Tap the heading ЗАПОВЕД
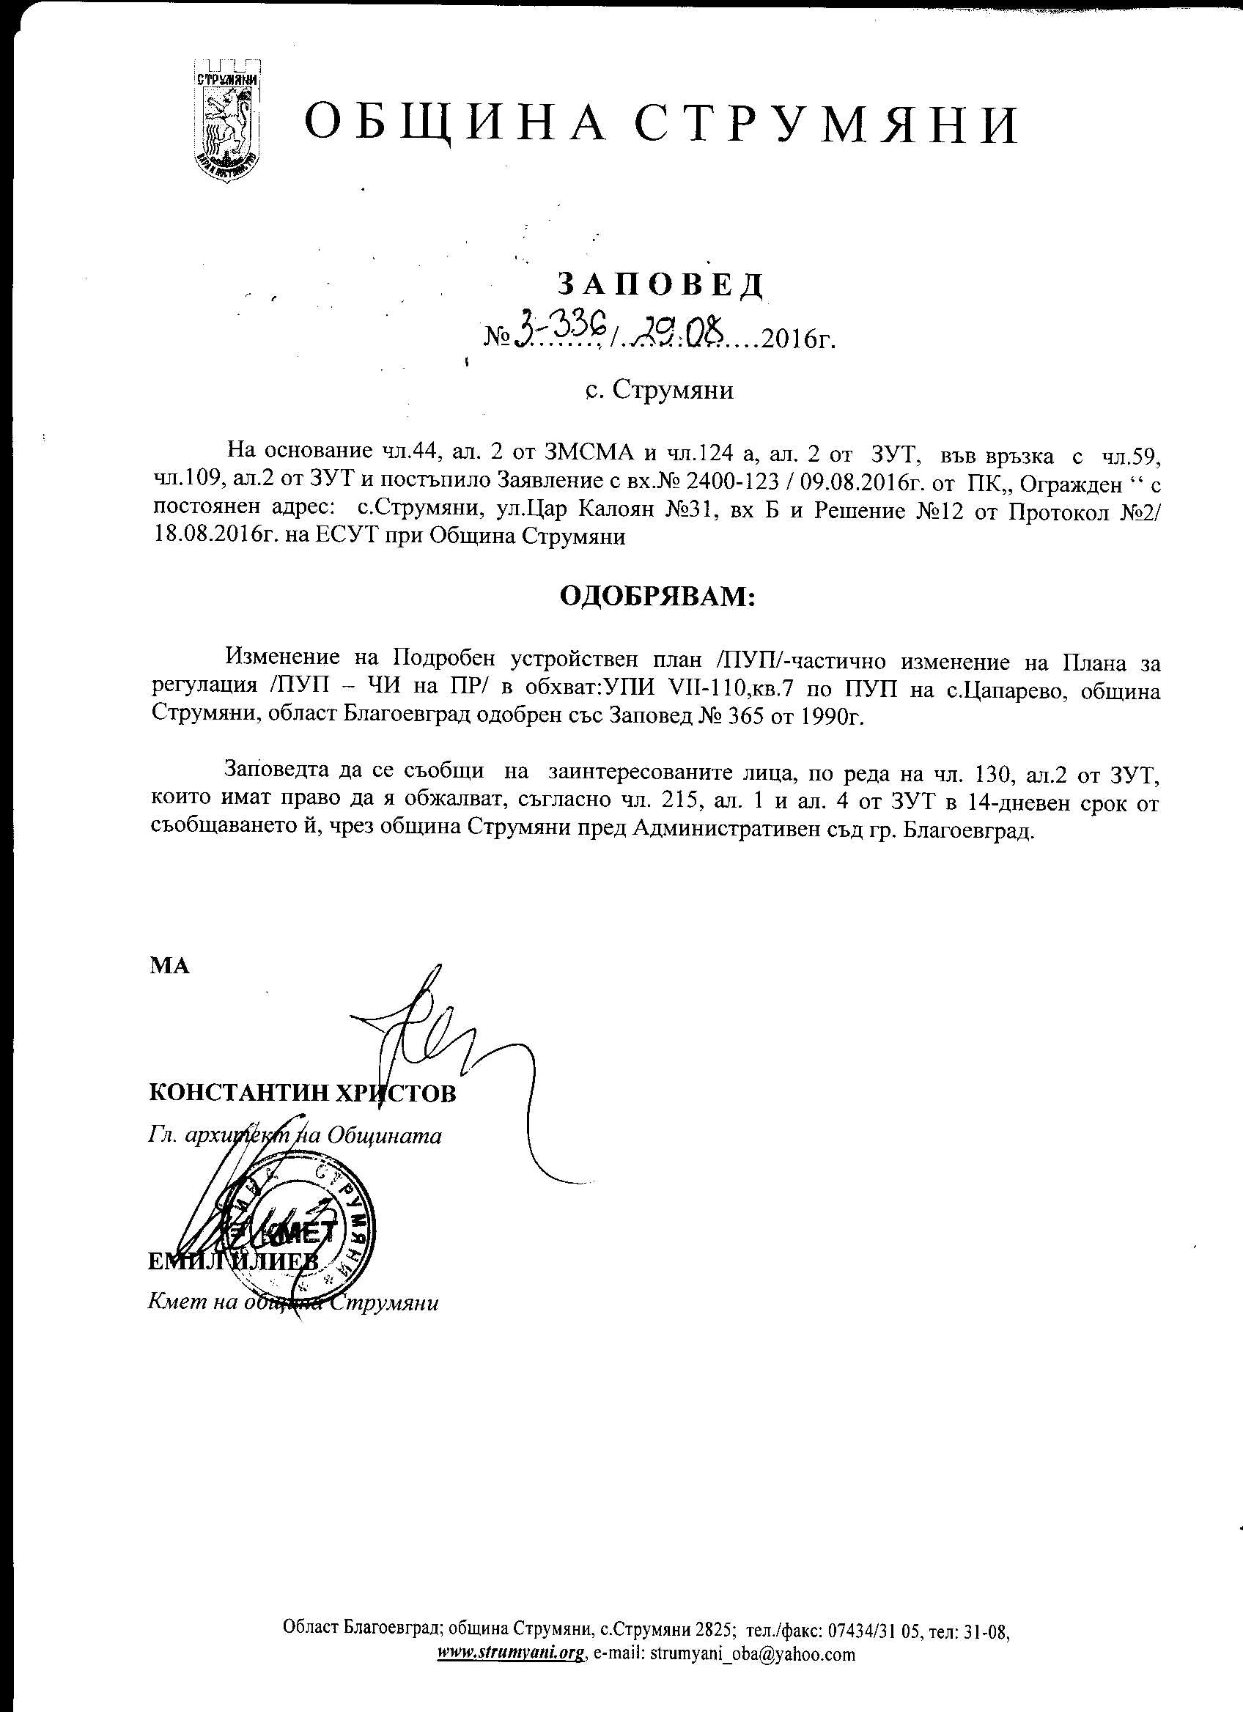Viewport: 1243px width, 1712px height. (x=660, y=284)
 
